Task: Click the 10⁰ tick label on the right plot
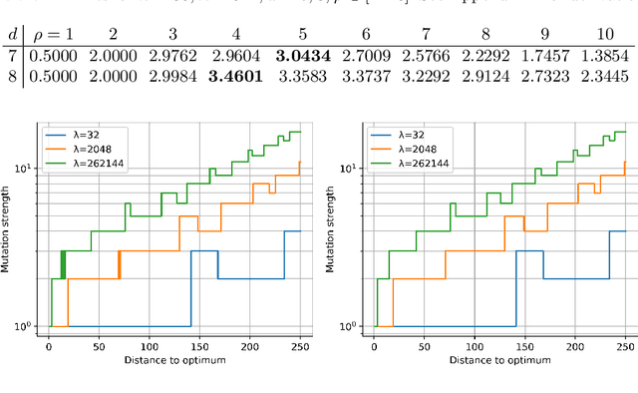tap(354, 326)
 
